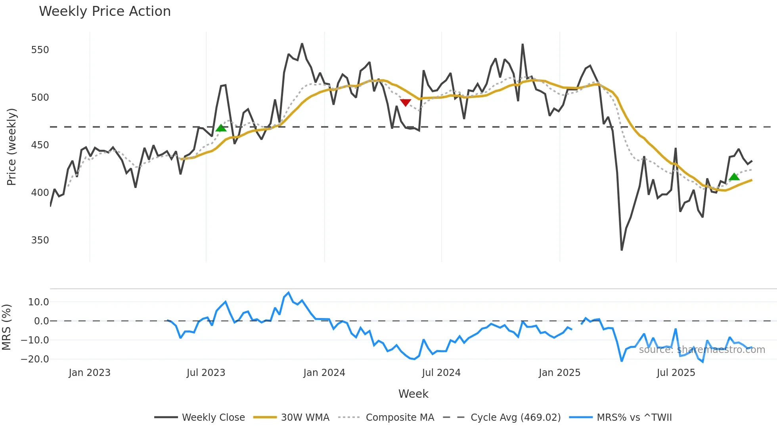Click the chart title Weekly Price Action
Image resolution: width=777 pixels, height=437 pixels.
pyautogui.click(x=105, y=11)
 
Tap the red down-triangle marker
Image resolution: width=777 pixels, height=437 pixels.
pyautogui.click(x=405, y=103)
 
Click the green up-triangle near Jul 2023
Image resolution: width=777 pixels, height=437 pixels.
pyautogui.click(x=221, y=128)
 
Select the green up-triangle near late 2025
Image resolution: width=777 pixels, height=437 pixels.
pyautogui.click(x=734, y=177)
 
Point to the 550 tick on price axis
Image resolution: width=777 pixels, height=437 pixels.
pyautogui.click(x=40, y=50)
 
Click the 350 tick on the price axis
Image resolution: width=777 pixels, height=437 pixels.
pyautogui.click(x=40, y=240)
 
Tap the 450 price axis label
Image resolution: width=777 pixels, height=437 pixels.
pyautogui.click(x=40, y=145)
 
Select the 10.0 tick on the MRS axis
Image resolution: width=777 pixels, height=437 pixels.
pyautogui.click(x=38, y=302)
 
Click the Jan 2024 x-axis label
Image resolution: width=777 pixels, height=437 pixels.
pyautogui.click(x=324, y=373)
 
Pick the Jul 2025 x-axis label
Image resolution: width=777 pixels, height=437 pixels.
pyautogui.click(x=676, y=373)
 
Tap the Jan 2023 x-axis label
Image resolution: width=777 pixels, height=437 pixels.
pyautogui.click(x=89, y=373)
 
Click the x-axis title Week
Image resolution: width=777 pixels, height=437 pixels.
pyautogui.click(x=413, y=394)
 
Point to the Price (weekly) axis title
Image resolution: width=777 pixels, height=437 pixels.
pyautogui.click(x=11, y=147)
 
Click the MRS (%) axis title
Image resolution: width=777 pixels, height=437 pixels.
pyautogui.click(x=6, y=327)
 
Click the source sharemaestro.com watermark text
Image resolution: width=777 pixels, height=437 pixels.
pyautogui.click(x=702, y=350)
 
